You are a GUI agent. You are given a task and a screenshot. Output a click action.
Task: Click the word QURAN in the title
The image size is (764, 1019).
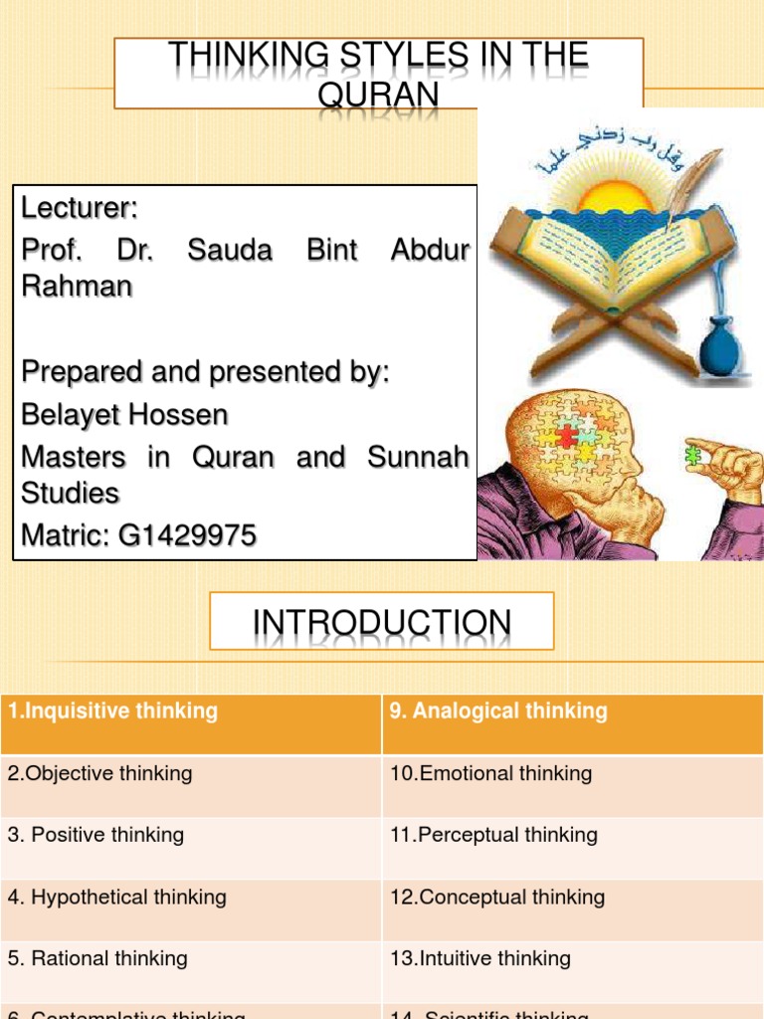(379, 93)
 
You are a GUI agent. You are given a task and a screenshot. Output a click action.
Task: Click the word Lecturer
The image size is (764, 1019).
(79, 209)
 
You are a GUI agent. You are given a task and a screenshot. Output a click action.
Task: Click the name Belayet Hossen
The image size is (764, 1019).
(125, 414)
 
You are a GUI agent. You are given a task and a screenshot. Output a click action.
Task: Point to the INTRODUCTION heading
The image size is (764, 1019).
(382, 624)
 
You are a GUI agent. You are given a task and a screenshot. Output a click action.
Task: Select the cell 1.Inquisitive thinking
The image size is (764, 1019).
(112, 711)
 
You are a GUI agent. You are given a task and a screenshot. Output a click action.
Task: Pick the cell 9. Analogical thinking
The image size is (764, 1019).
(498, 711)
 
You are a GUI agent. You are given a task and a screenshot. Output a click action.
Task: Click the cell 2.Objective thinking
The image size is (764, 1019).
(100, 773)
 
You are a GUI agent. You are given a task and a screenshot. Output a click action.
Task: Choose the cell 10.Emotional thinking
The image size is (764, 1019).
(491, 773)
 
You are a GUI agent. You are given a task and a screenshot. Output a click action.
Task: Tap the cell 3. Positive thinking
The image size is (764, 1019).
(96, 835)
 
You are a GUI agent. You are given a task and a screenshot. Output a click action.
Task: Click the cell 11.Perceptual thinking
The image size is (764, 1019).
(494, 835)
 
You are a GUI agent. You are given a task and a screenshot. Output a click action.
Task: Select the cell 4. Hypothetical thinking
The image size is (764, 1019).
(117, 897)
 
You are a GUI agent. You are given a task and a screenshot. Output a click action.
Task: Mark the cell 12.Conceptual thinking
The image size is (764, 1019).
(497, 897)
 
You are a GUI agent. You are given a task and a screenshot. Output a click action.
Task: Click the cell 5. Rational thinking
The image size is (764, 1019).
(97, 958)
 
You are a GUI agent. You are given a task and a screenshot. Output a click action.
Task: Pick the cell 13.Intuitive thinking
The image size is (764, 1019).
(480, 958)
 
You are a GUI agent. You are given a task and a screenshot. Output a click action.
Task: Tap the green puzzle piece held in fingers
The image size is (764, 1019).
(694, 456)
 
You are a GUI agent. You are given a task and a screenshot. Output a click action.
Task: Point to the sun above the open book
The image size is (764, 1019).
(615, 196)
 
